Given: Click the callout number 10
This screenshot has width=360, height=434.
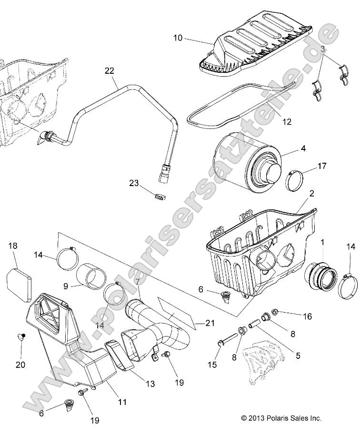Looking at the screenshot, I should coord(177,38).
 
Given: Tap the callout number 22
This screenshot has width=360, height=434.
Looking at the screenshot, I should coord(110,71).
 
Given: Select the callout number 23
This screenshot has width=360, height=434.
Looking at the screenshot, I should coord(133,183).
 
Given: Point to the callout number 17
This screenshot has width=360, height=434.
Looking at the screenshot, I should coord(322,166).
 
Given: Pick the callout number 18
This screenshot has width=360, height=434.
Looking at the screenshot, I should coord(13,246).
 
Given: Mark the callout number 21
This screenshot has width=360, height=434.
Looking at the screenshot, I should coord(210,323).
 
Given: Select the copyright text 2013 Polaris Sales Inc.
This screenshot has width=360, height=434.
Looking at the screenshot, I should coord(281,418).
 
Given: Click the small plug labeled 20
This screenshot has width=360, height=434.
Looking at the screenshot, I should coord(21,337).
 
